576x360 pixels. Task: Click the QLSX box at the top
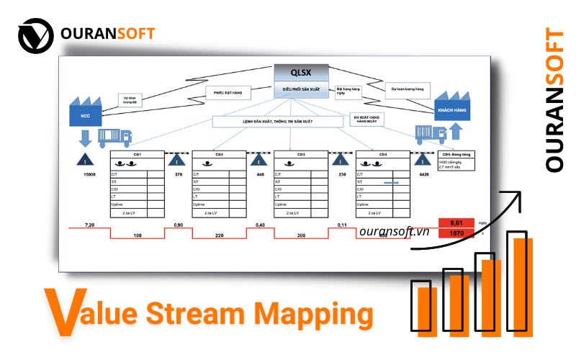click(301, 73)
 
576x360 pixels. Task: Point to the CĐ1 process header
click(138, 155)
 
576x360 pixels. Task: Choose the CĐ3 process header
click(302, 155)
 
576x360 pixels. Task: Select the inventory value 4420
click(424, 174)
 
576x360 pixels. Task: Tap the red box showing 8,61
click(455, 223)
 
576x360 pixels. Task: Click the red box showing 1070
click(455, 234)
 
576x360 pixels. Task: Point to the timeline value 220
click(220, 235)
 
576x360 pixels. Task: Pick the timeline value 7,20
click(89, 225)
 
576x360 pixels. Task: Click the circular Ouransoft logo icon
click(35, 34)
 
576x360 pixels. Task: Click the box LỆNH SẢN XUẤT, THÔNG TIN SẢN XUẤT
click(277, 122)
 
